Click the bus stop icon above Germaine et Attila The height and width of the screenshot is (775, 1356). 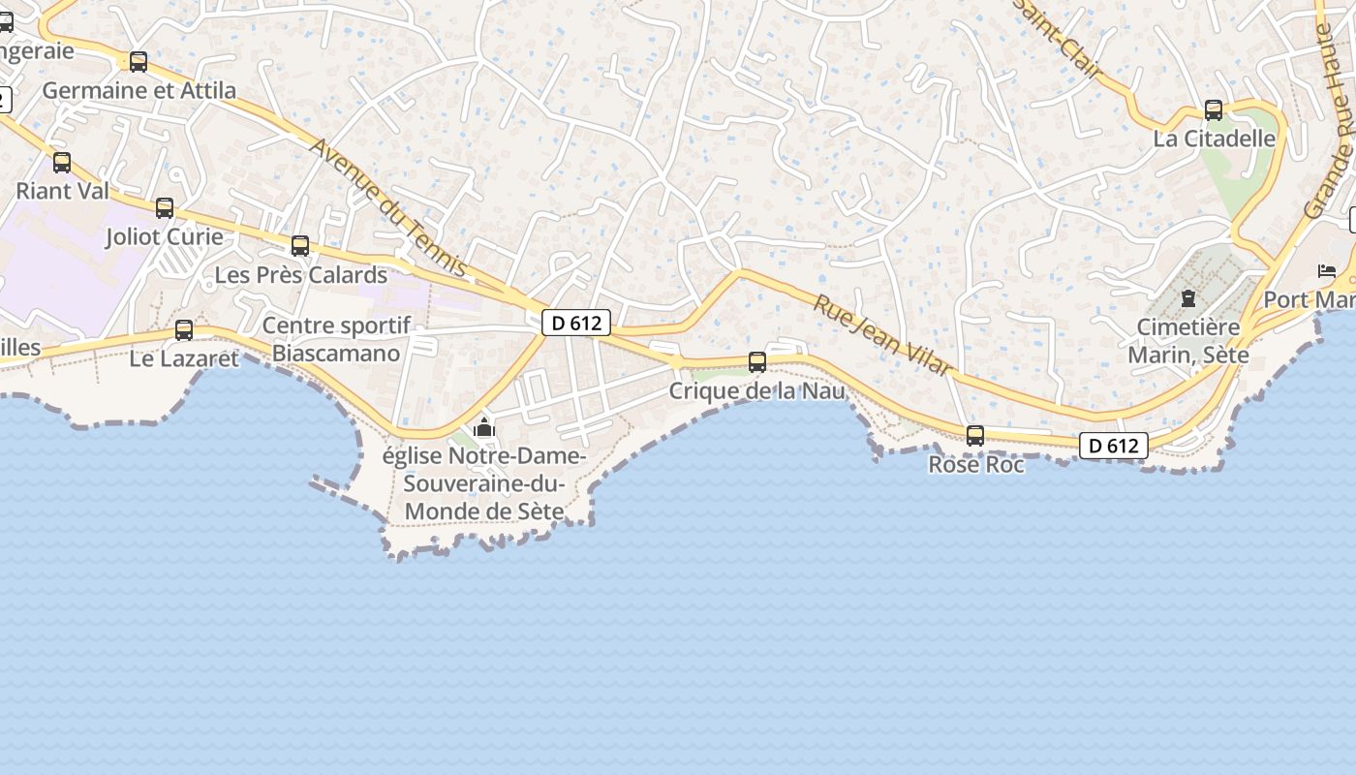click(x=139, y=62)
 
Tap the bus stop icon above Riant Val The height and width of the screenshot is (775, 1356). click(x=62, y=163)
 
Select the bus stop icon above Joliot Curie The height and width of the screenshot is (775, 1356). click(x=165, y=208)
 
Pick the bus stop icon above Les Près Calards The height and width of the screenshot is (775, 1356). click(x=300, y=246)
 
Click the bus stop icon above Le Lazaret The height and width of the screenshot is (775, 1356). click(x=184, y=330)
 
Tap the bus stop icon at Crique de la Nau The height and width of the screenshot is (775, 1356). click(x=757, y=362)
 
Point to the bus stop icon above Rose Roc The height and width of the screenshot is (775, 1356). click(x=975, y=436)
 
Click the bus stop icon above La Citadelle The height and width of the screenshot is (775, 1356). click(x=1214, y=110)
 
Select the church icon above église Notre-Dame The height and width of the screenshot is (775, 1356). click(x=483, y=427)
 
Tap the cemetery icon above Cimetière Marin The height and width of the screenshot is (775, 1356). click(x=1188, y=298)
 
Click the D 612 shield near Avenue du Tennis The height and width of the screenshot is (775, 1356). click(x=575, y=323)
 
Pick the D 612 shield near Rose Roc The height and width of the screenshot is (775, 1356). click(x=1113, y=446)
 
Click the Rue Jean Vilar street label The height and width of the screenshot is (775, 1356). click(x=882, y=335)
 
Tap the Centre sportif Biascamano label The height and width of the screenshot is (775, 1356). click(x=336, y=339)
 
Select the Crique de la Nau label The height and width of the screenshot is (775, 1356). click(x=757, y=391)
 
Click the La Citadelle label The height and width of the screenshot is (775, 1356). click(x=1214, y=139)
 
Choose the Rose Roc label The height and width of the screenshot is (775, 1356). click(x=976, y=465)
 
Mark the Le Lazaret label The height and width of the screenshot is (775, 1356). click(x=184, y=359)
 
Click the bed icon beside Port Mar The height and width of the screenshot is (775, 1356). click(x=1327, y=271)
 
